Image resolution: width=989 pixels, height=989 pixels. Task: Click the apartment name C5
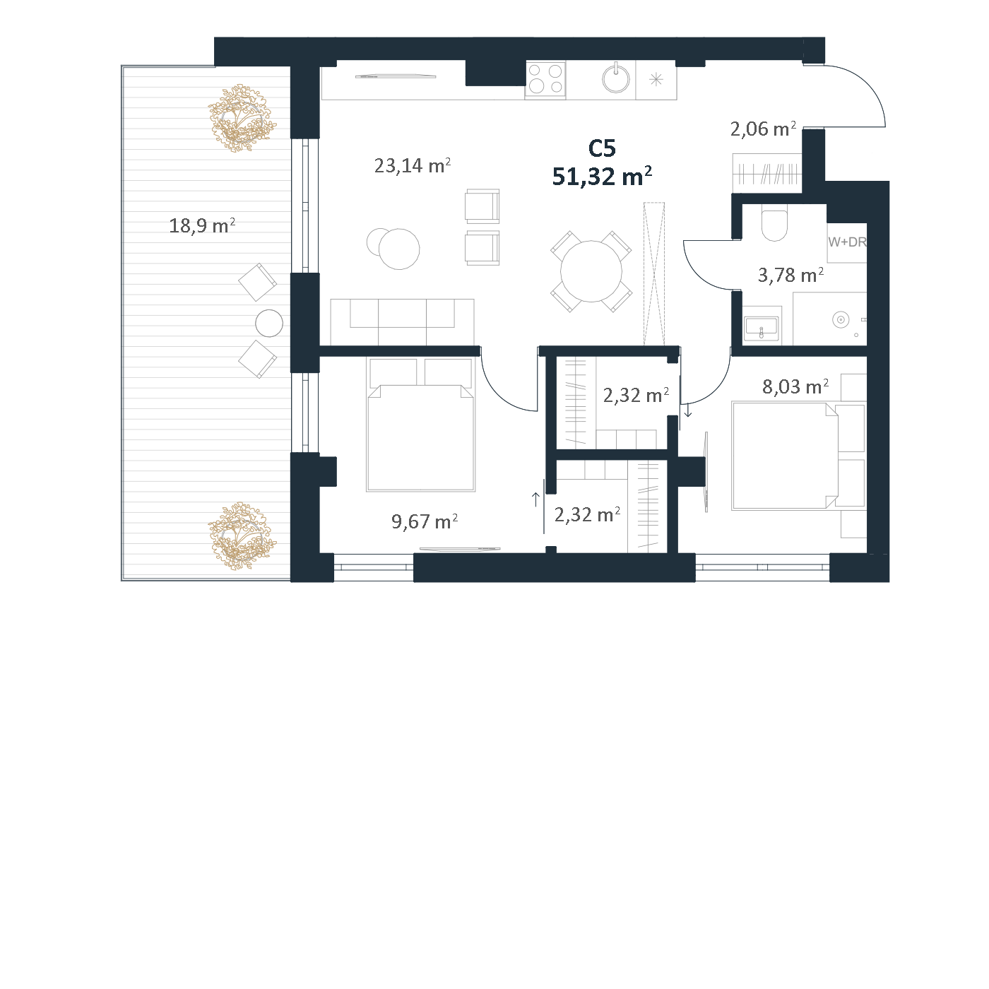601,148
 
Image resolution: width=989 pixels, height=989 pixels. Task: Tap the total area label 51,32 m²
602,176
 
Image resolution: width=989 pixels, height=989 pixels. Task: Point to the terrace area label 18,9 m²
202,225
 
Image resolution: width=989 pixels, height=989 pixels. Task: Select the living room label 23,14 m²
413,165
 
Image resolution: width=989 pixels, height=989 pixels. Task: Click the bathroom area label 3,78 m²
791,275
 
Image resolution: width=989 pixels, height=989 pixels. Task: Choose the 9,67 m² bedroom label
425,521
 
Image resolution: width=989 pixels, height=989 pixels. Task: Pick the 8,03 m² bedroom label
795,386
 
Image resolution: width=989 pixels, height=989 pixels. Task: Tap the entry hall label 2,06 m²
763,129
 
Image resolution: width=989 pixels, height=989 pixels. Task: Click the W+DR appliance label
847,242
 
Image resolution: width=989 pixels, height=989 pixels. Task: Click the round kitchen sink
616,78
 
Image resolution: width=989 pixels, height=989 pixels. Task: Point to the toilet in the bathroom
774,223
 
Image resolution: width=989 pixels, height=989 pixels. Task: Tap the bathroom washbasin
762,327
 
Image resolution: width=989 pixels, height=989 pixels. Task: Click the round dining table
591,271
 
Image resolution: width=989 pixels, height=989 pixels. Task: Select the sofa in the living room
403,322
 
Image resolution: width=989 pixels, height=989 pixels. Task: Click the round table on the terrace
269,324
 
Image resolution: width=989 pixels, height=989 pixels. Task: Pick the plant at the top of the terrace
242,119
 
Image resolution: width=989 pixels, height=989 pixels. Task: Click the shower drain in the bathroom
840,320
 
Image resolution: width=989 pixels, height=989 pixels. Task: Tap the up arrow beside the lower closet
535,499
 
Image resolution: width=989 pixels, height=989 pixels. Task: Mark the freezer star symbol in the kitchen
656,80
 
